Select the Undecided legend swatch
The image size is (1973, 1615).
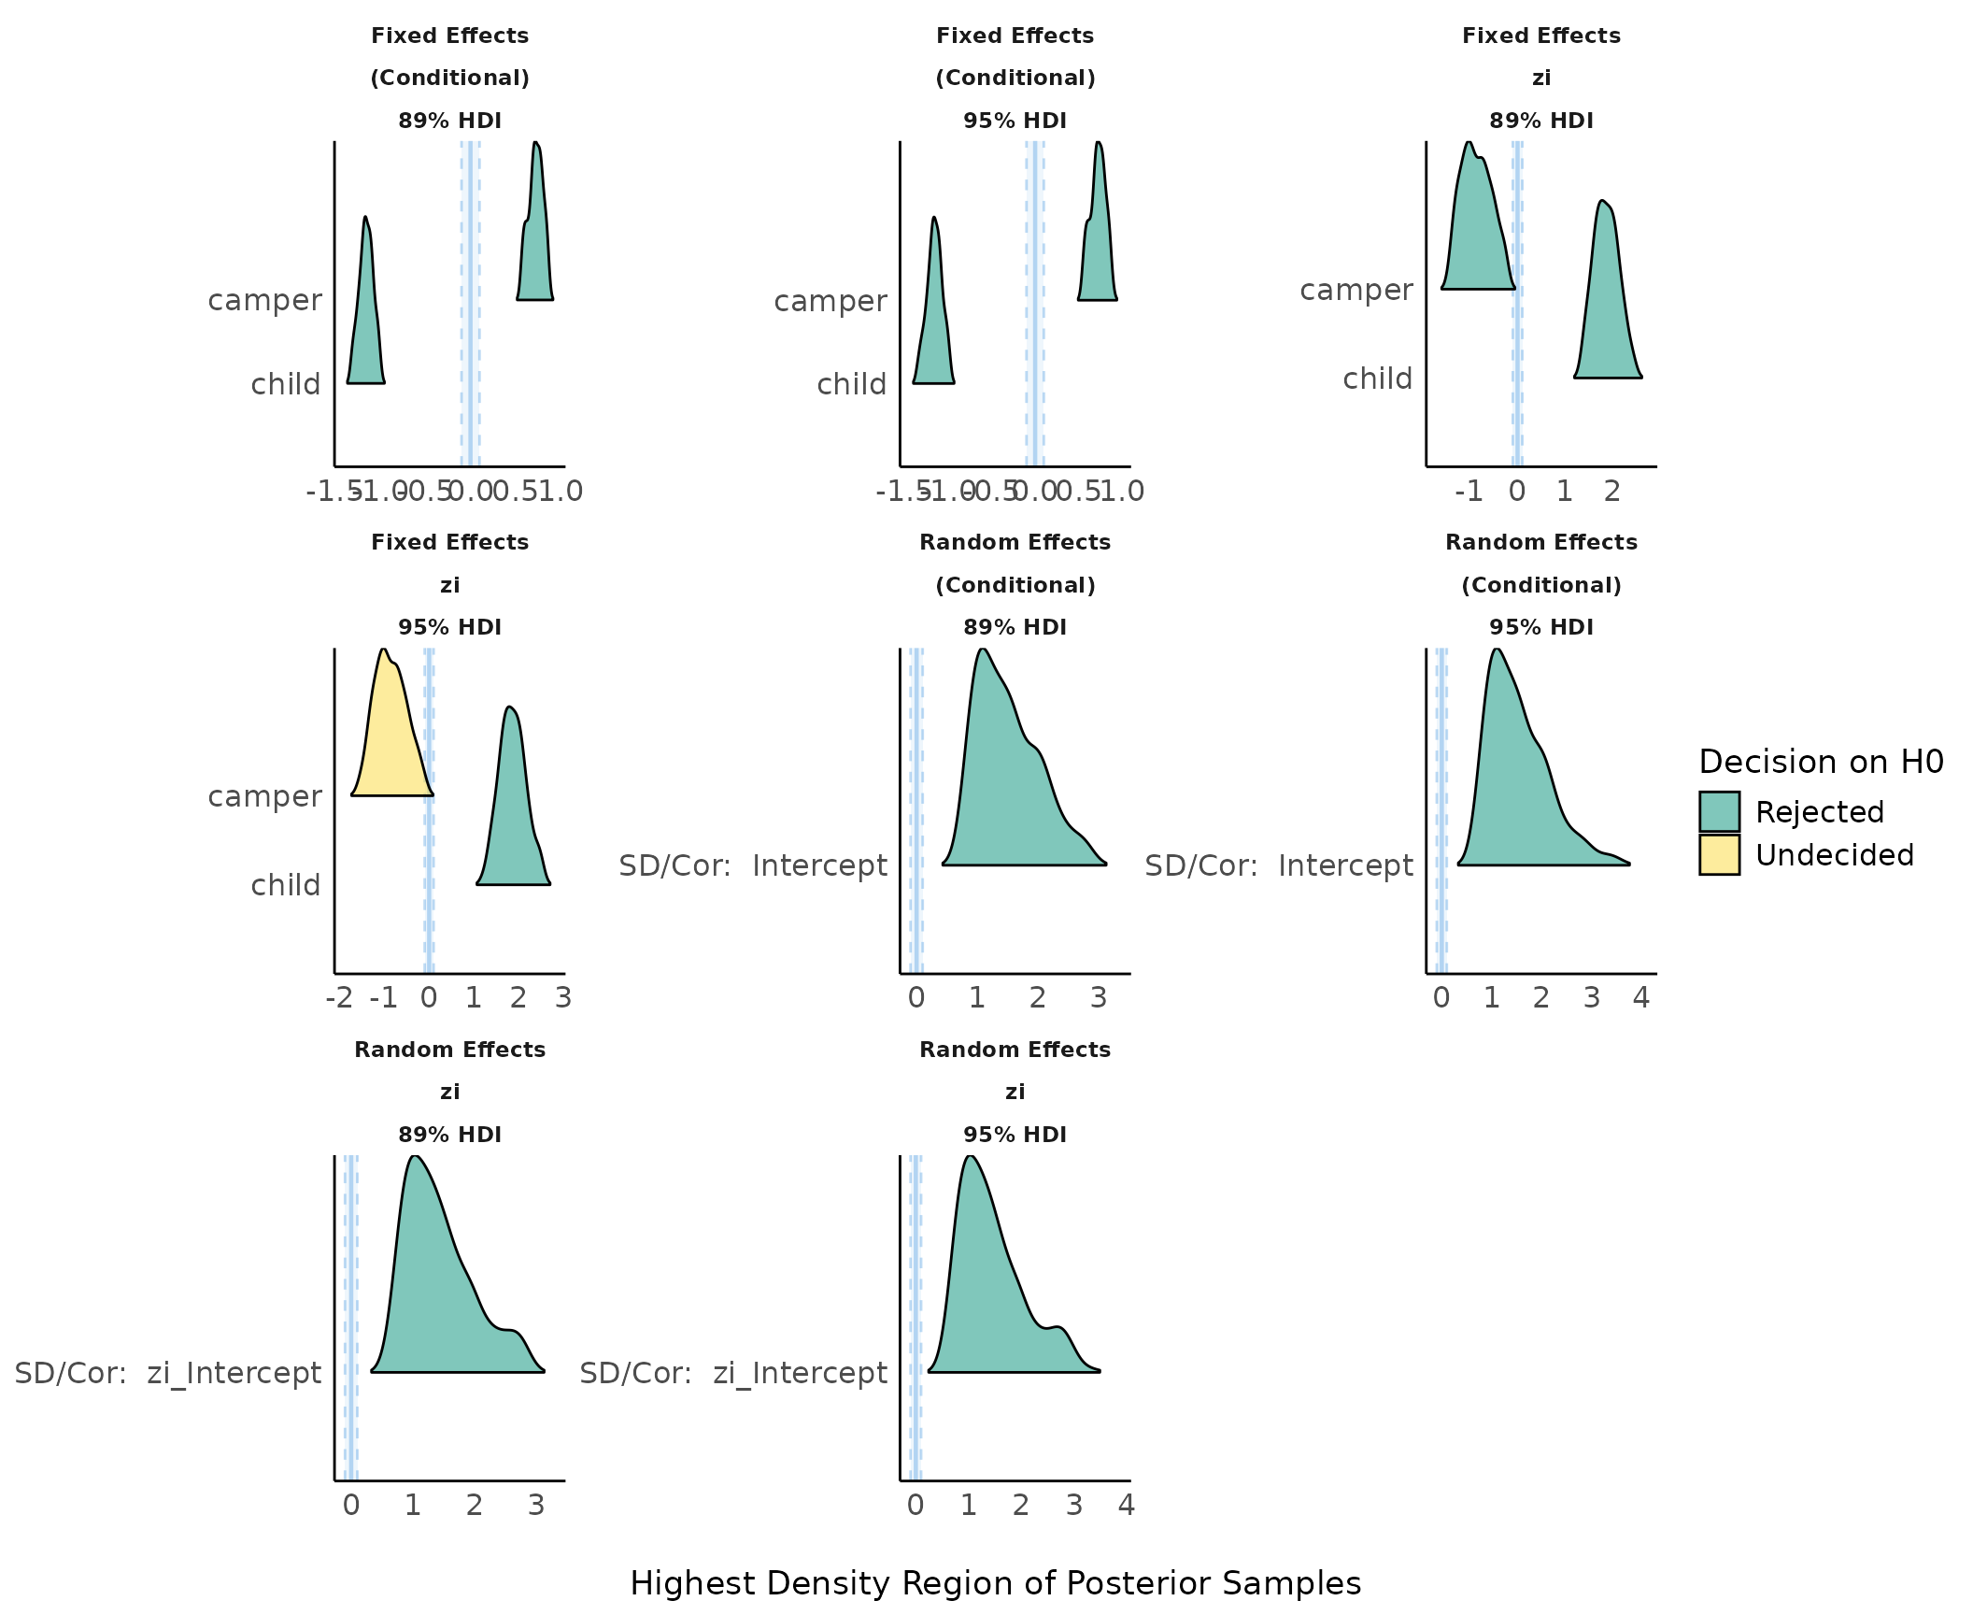1719,855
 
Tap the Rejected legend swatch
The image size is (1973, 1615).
1719,811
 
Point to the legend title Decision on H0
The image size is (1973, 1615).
1821,762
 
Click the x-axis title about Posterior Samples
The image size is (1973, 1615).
995,1583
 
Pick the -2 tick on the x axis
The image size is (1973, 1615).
339,998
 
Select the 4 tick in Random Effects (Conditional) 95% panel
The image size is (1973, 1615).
1641,998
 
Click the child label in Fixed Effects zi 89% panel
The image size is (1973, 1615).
1377,379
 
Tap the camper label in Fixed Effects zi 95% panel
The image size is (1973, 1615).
264,796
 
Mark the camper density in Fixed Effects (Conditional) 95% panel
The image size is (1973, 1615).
1099,243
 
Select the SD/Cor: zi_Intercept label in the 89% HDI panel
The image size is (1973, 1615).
168,1373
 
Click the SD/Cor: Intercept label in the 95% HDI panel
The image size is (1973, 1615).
1279,865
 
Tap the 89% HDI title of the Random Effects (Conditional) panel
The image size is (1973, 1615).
1015,627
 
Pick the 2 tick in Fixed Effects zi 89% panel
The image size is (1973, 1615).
1612,492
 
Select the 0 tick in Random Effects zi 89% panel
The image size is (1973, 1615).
351,1506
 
